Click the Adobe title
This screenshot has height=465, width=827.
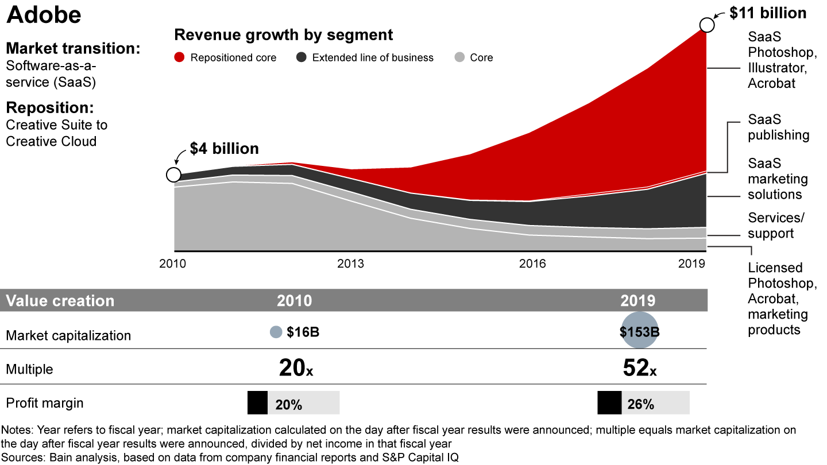[x=44, y=15]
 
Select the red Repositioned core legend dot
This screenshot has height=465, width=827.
[x=180, y=57]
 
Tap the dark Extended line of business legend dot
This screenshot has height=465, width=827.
[x=301, y=57]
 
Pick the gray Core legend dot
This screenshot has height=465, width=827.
[x=459, y=57]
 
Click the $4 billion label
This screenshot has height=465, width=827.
[x=225, y=149]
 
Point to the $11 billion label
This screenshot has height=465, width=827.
[x=768, y=13]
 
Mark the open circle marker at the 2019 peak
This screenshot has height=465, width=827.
[x=707, y=25]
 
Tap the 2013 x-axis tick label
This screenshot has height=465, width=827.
[x=350, y=263]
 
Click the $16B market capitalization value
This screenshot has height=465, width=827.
[x=303, y=332]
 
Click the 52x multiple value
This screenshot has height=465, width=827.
[x=639, y=368]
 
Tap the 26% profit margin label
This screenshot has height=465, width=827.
[x=641, y=404]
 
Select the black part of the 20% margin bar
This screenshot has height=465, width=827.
[x=257, y=403]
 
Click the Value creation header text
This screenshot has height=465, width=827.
[x=60, y=301]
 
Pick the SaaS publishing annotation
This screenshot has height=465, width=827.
[x=778, y=127]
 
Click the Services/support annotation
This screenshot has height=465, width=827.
[x=776, y=226]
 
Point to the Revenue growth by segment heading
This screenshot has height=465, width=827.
[x=284, y=35]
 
